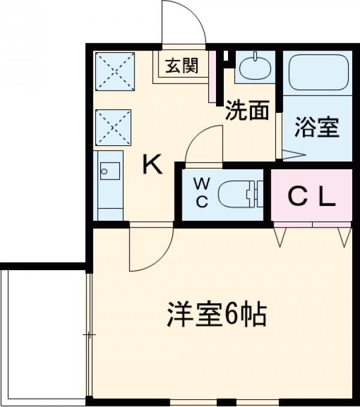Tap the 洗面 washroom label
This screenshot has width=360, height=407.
click(x=247, y=112)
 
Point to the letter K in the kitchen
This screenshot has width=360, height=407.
click(x=152, y=164)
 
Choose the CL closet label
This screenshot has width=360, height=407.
click(x=311, y=196)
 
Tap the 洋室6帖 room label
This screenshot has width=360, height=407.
click(x=217, y=315)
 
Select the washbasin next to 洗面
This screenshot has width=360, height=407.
click(x=256, y=67)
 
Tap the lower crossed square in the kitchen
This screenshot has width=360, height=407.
click(x=114, y=127)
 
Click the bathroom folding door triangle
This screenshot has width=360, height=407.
click(x=292, y=155)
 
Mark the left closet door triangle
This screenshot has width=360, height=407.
click(x=280, y=237)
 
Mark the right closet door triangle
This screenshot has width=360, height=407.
click(x=344, y=237)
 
